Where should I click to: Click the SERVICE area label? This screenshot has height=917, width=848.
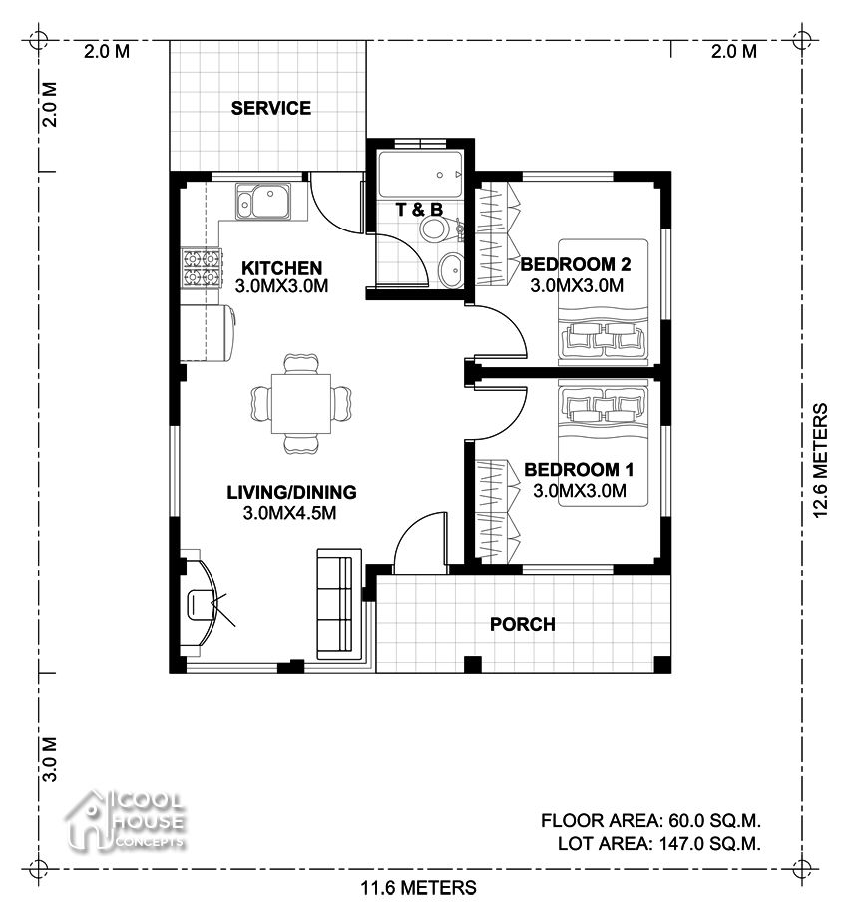pos(270,108)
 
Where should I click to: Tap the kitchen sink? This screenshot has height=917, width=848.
pos(263,202)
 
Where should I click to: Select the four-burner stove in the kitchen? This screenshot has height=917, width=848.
pos(202,267)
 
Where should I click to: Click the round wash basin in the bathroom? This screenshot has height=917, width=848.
pos(451,269)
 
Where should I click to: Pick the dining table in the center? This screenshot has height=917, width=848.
pos(301,403)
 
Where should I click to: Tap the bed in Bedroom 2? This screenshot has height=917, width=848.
pos(603,301)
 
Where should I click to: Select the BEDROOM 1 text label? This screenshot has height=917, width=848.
pos(579,470)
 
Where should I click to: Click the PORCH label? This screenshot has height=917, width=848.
pos(522,624)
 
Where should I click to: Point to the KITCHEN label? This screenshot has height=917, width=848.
pos(282,268)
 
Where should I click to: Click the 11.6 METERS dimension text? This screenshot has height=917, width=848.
pos(418,888)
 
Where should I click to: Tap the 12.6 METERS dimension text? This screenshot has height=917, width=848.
pos(820,460)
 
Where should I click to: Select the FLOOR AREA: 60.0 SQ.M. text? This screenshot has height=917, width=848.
pos(650,820)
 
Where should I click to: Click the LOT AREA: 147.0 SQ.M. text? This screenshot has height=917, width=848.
pos(659,844)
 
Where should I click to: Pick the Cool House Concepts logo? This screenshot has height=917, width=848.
pos(125,820)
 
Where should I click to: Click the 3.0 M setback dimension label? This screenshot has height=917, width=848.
pos(49,759)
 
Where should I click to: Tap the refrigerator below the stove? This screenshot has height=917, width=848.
pos(208,332)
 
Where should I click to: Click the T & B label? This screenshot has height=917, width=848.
pos(419,210)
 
